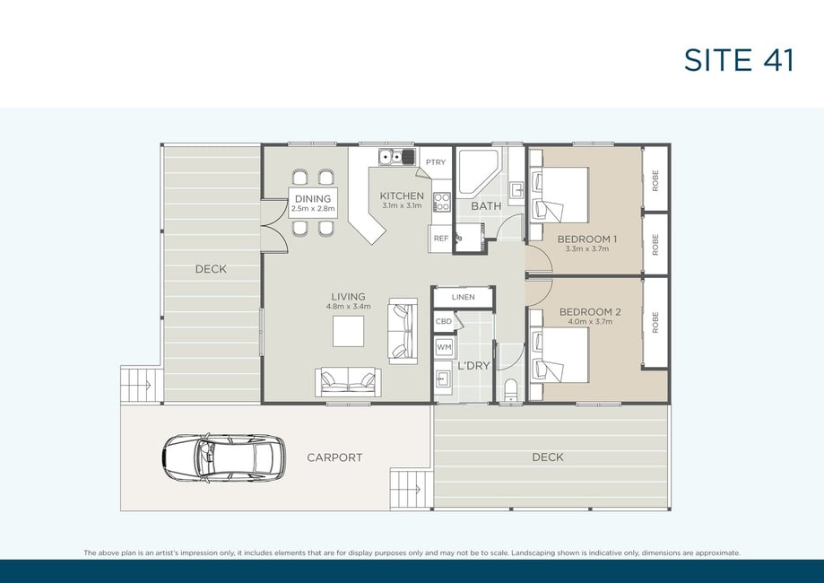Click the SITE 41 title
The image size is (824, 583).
[x=738, y=60]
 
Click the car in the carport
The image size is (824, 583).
[x=224, y=458]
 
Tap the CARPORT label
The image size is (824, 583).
[x=334, y=457]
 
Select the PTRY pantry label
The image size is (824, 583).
[x=436, y=162]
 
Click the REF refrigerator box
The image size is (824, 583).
[x=441, y=239]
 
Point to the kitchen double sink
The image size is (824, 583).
[x=397, y=157]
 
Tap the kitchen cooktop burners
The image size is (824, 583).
[x=441, y=202]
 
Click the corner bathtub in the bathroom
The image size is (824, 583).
[x=478, y=172]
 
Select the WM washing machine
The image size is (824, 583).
[x=444, y=347]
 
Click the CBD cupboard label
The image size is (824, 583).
[x=444, y=321]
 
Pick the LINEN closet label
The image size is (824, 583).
[x=463, y=297]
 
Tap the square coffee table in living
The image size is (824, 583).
[x=348, y=331]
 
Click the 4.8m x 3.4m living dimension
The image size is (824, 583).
[x=349, y=306]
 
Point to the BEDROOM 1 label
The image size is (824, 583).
[x=587, y=239]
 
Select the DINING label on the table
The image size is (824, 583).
[x=313, y=199]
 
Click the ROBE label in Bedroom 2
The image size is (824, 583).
[x=655, y=322]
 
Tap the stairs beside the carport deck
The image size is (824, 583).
[x=412, y=489]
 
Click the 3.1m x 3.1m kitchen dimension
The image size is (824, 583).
[x=402, y=205]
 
